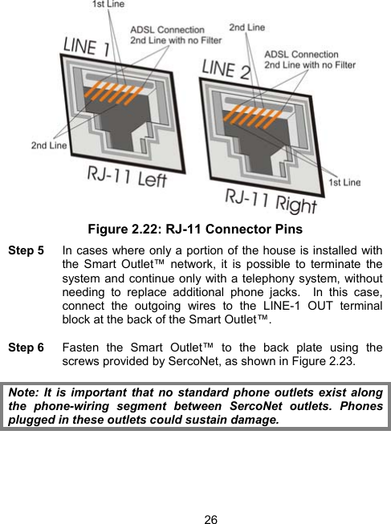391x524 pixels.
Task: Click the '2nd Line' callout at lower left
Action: coord(48,145)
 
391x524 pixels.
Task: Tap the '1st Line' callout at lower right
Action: coord(344,183)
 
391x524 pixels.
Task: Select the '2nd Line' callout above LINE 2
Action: coord(246,27)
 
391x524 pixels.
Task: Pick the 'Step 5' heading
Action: coord(26,251)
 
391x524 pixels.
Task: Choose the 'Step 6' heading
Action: coord(26,348)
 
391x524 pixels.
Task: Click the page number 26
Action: coord(210,519)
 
